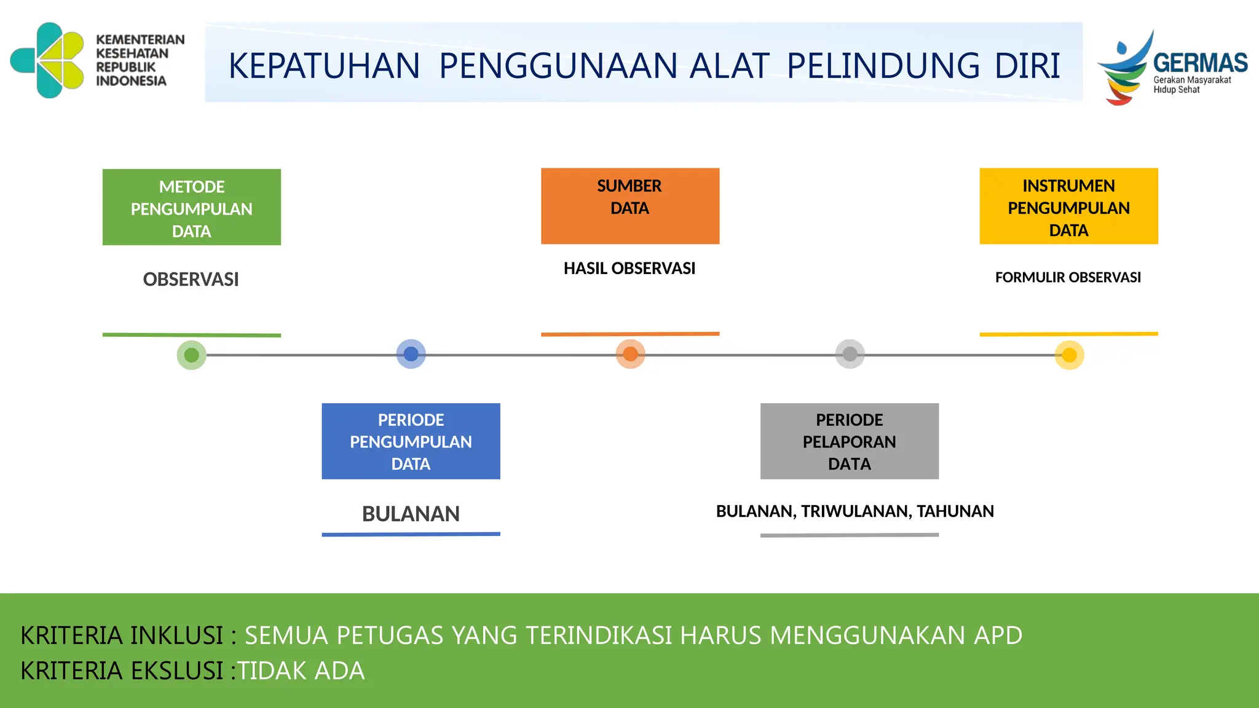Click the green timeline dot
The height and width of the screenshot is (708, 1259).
tap(191, 355)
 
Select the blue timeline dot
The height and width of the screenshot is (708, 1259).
tap(411, 354)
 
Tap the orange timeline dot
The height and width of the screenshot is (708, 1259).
tap(630, 354)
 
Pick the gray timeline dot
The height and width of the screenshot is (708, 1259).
tap(850, 354)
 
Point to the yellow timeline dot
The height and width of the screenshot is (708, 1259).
tap(1069, 355)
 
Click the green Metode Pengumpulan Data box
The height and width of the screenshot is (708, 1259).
tap(191, 208)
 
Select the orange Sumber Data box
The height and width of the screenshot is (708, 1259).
tap(629, 206)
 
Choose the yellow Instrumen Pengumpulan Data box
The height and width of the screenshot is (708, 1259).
tap(1068, 206)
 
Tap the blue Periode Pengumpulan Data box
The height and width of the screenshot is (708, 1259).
tap(411, 441)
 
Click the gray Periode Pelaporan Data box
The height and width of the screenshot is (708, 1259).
tap(849, 441)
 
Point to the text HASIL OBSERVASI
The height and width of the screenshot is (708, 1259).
tap(629, 269)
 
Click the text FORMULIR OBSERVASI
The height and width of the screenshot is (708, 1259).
tap(1068, 278)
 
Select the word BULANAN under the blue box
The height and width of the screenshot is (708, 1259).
tap(411, 514)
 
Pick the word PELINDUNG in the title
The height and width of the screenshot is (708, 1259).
tap(883, 66)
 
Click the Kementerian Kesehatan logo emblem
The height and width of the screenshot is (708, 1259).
tap(48, 60)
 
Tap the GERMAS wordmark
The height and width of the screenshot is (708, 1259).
tap(1200, 63)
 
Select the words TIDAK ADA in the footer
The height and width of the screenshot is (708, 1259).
tap(301, 671)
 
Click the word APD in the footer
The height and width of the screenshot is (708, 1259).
tap(998, 635)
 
